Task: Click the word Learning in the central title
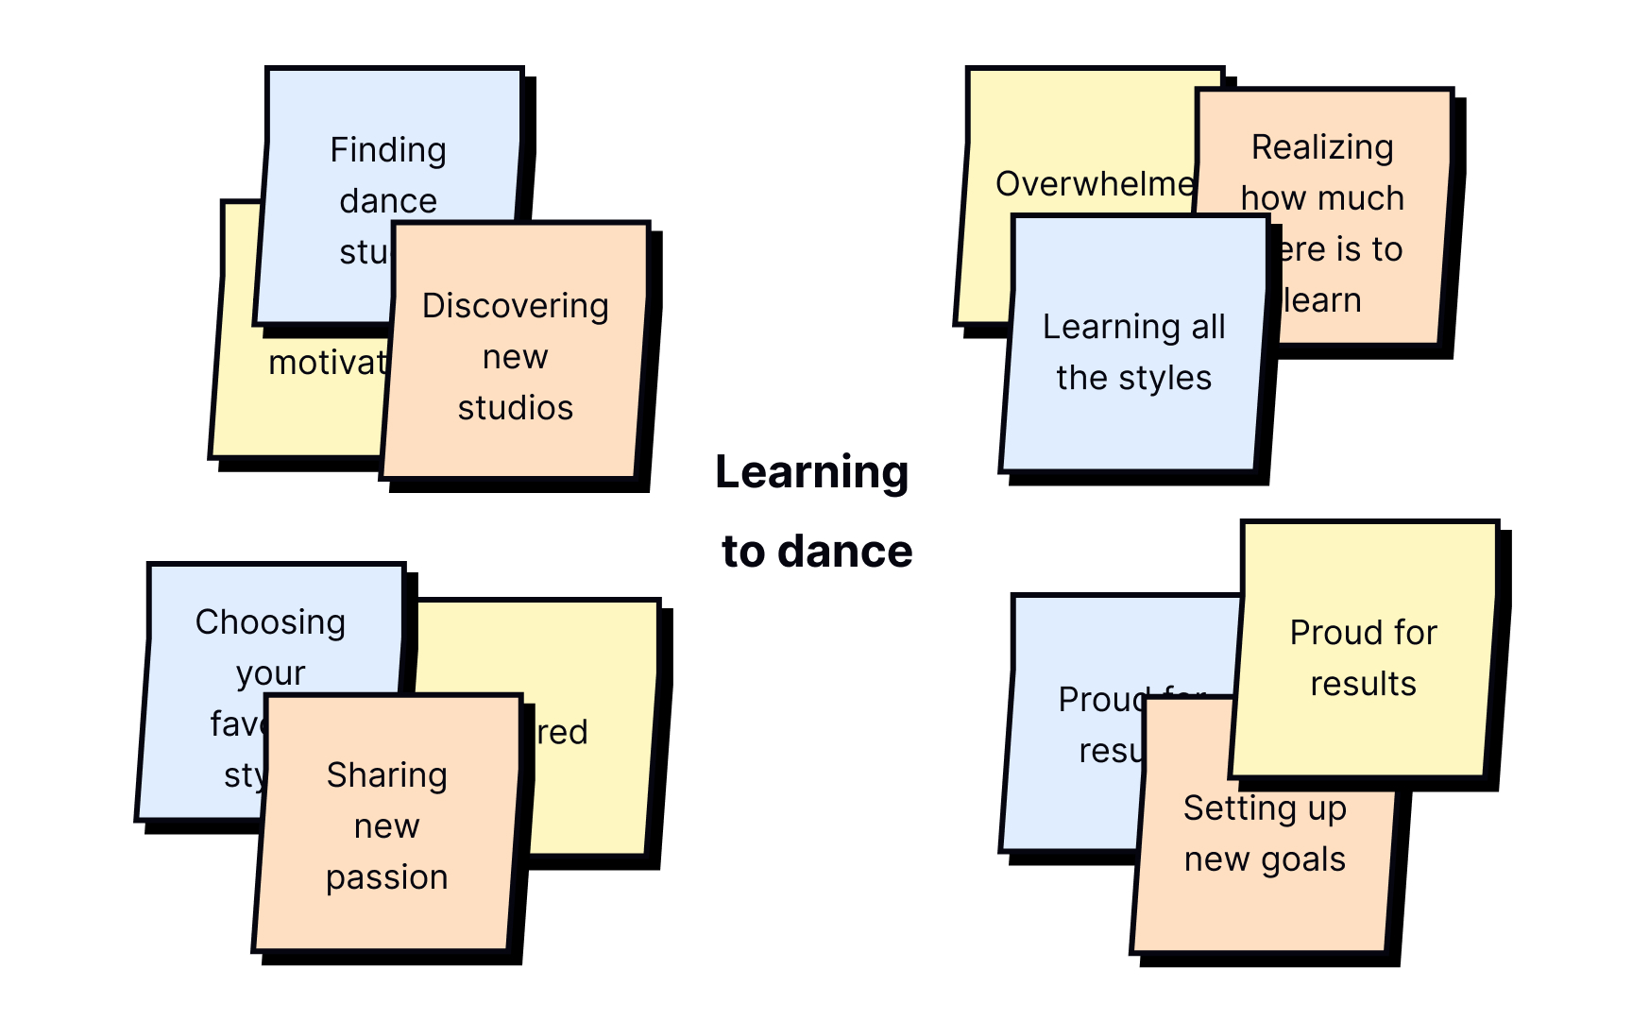point(811,472)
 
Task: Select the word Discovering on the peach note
point(515,306)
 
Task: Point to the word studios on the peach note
point(515,408)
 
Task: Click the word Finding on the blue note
point(388,150)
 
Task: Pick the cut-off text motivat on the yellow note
point(328,363)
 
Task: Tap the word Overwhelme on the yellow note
point(1095,184)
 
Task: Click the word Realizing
point(1322,147)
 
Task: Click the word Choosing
point(270,622)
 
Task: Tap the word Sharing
point(386,775)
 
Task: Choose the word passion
point(386,877)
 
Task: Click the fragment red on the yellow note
point(563,732)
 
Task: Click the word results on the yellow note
point(1363,684)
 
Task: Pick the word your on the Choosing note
point(270,673)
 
